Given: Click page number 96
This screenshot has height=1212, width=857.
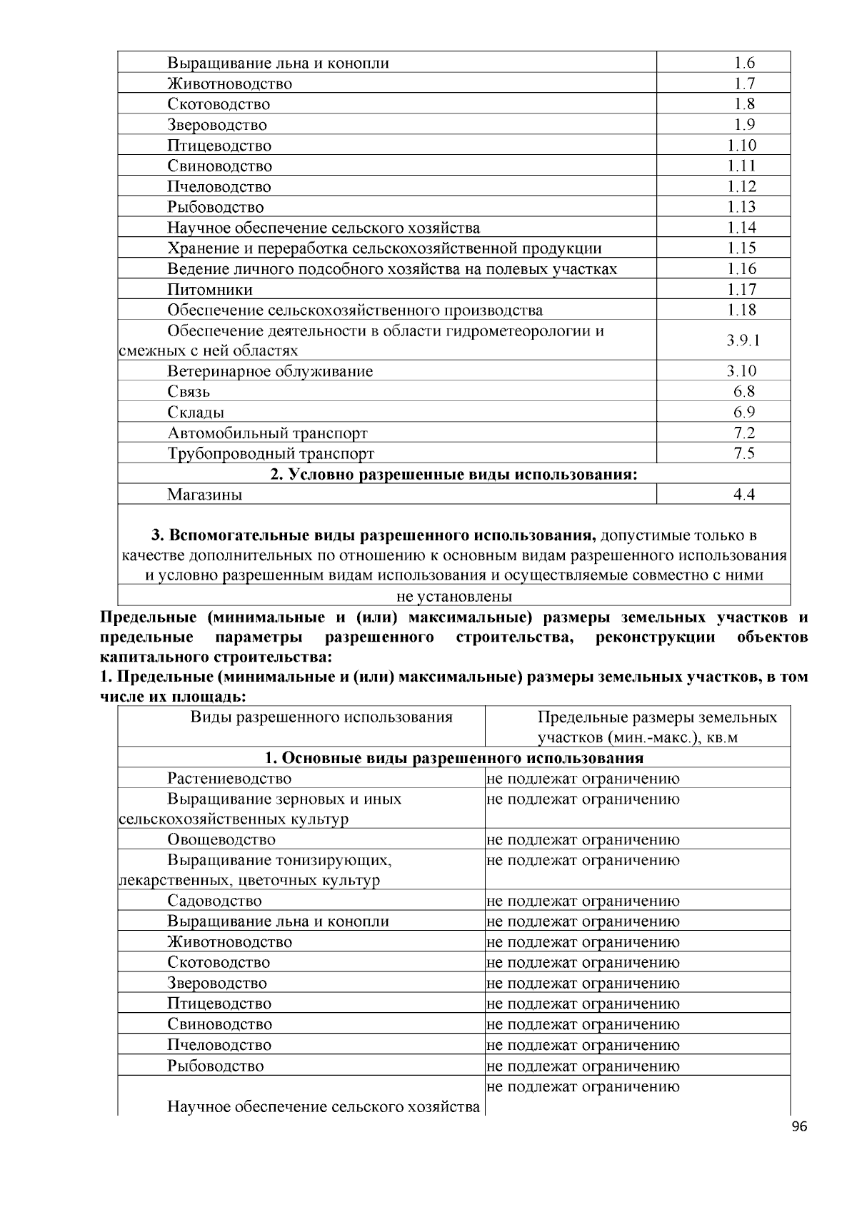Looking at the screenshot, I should tap(799, 1127).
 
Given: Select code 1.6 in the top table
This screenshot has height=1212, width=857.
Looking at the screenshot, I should tap(744, 63).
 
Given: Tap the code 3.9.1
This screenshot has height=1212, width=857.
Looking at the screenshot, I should tap(743, 340).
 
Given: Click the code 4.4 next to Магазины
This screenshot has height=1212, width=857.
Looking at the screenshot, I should tap(744, 495).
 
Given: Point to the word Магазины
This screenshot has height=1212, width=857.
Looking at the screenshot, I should tap(205, 495).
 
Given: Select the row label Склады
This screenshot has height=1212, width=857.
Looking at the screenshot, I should tap(196, 413).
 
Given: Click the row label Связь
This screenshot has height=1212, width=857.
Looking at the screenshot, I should tap(189, 392).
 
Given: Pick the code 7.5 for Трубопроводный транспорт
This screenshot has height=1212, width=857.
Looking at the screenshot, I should tap(744, 454).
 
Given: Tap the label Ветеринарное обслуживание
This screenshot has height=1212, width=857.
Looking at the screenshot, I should tap(270, 371).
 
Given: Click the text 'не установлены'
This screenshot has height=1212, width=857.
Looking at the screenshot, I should tap(454, 596).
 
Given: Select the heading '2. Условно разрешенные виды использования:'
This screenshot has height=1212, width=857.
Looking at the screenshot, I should tap(453, 475).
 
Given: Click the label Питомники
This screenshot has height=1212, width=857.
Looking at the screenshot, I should tap(210, 290).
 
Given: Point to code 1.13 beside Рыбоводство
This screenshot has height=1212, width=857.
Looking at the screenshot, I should tap(742, 207).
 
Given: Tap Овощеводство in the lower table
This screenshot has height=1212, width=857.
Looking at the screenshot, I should tap(221, 840).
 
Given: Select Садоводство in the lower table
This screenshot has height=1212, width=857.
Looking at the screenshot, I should tap(214, 902).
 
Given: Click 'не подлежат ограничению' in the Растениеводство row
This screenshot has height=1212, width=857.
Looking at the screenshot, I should tap(583, 779).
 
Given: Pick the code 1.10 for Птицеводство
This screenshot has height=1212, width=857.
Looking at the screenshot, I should tap(742, 146).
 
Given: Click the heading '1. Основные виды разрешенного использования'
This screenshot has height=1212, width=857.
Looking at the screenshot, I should tap(453, 758).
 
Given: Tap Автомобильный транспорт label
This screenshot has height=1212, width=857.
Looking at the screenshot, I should tap(267, 433).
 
